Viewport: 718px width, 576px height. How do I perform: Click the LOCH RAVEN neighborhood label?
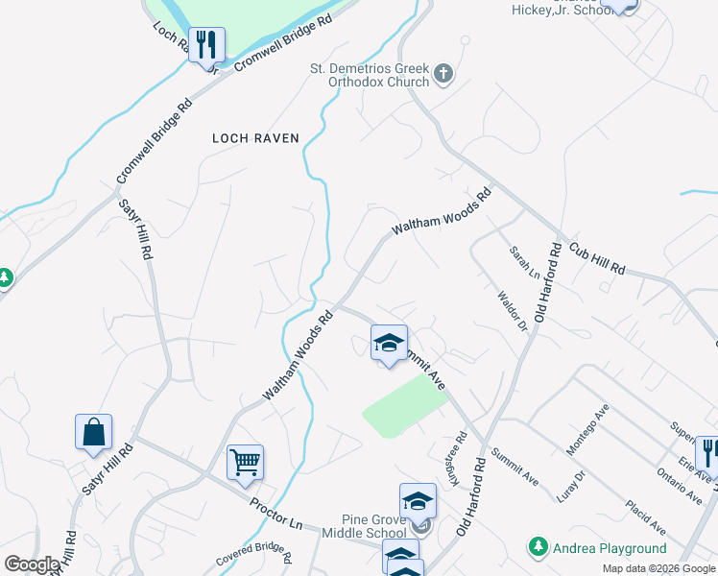pos(255,138)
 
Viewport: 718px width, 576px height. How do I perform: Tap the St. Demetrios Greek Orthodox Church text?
pos(368,75)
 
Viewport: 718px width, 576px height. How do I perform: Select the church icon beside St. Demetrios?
pos(443,74)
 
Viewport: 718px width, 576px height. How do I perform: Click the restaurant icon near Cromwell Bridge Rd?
pos(206,45)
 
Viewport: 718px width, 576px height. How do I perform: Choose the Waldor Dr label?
pos(513,312)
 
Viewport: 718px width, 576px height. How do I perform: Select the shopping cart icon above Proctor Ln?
pos(245,463)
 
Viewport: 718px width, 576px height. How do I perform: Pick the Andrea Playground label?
pos(610,548)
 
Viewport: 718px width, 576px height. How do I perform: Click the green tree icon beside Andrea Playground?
pos(538,548)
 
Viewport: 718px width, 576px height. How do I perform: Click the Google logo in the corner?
pos(33,564)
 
